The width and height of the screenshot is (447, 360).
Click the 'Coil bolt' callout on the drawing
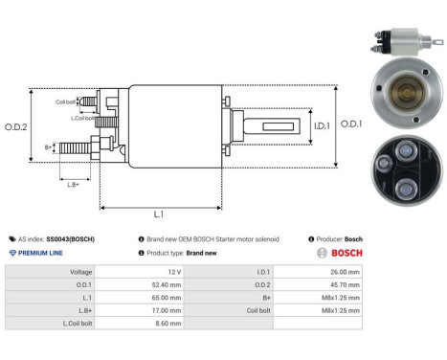click(65, 101)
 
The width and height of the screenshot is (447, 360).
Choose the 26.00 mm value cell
click(343, 272)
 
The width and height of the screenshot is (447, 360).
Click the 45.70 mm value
click(343, 284)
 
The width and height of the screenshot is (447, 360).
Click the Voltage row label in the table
click(80, 272)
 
